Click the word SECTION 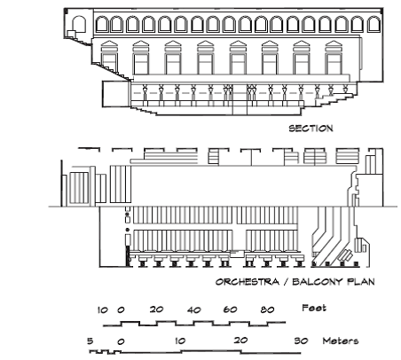[311, 129]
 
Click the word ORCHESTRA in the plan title [248, 282]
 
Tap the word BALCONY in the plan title [318, 282]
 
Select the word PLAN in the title [361, 282]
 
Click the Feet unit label [314, 308]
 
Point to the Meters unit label [341, 340]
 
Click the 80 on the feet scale [268, 309]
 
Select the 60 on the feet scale [230, 309]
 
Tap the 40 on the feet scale [194, 310]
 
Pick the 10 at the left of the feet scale [103, 310]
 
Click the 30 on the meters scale [301, 340]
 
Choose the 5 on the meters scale [90, 341]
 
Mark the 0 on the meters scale [121, 342]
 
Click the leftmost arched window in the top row [101, 24]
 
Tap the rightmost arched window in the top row [373, 24]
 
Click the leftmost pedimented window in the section [109, 58]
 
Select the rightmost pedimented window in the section [334, 58]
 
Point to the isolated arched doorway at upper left [79, 24]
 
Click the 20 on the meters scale [240, 340]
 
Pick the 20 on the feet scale [156, 309]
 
